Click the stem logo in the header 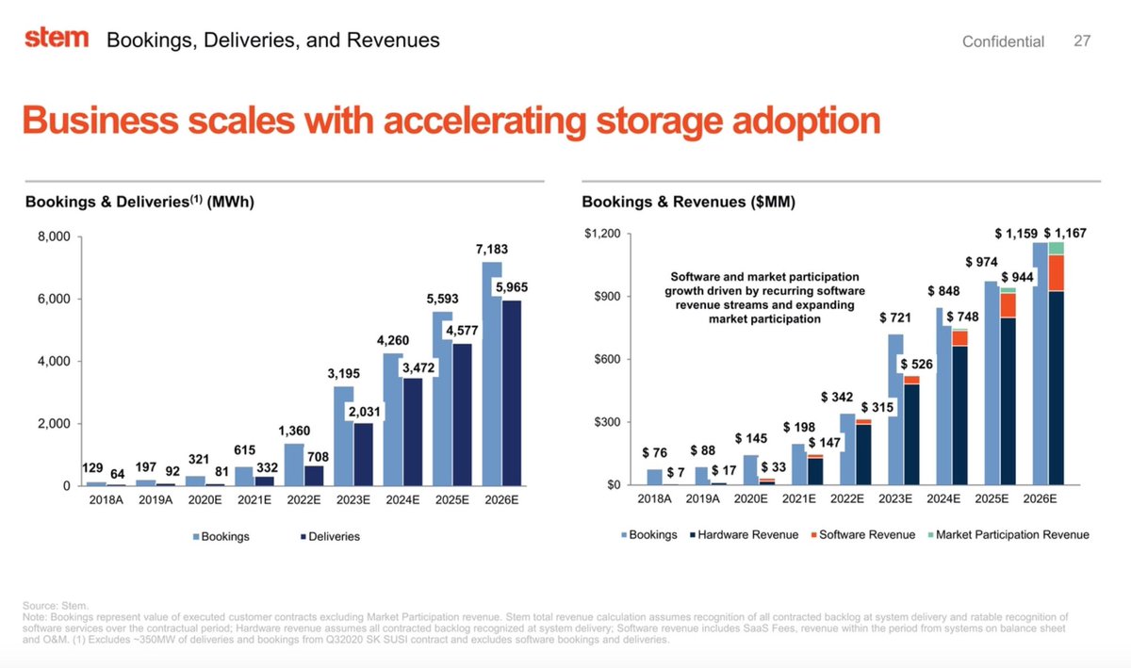tap(56, 39)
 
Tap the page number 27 tap(1081, 41)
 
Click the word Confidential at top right tap(1003, 41)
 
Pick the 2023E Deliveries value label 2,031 tap(364, 412)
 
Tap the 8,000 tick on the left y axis tap(54, 236)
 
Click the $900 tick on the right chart tap(599, 297)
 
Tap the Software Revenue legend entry tap(863, 534)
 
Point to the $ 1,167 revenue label tap(1065, 232)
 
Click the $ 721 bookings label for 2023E tap(894, 318)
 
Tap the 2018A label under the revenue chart tap(655, 498)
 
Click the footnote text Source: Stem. tap(55, 605)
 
